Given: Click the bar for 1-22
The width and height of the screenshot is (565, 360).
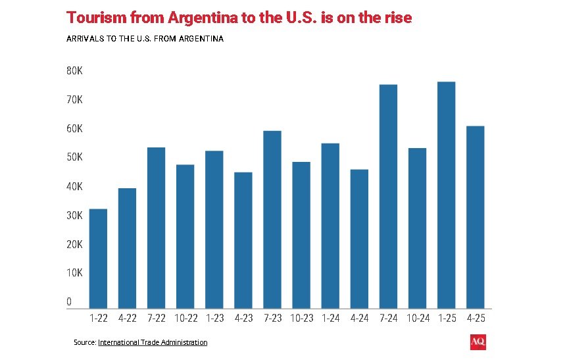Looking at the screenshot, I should (98, 258).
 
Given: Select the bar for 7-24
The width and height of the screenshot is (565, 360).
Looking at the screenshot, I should (388, 196).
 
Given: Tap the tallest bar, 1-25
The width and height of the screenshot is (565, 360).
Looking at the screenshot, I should (447, 195).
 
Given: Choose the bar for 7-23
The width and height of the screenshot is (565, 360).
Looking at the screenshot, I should (272, 219).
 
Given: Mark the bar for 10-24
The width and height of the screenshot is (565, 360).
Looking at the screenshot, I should (417, 228).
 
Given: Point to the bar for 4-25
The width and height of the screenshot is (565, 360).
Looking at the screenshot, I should (475, 217).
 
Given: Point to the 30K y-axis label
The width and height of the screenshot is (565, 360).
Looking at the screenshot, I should (74, 215).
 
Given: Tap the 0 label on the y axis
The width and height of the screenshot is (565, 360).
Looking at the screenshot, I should (69, 302).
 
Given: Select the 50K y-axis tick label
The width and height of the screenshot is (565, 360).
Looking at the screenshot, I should (74, 157).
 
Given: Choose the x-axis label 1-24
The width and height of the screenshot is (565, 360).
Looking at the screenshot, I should (330, 318).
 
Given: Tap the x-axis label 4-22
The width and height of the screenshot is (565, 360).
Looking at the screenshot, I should (127, 318).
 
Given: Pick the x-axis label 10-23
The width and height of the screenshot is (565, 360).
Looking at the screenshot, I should (301, 318).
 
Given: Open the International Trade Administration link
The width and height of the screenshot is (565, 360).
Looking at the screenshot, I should (153, 342).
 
